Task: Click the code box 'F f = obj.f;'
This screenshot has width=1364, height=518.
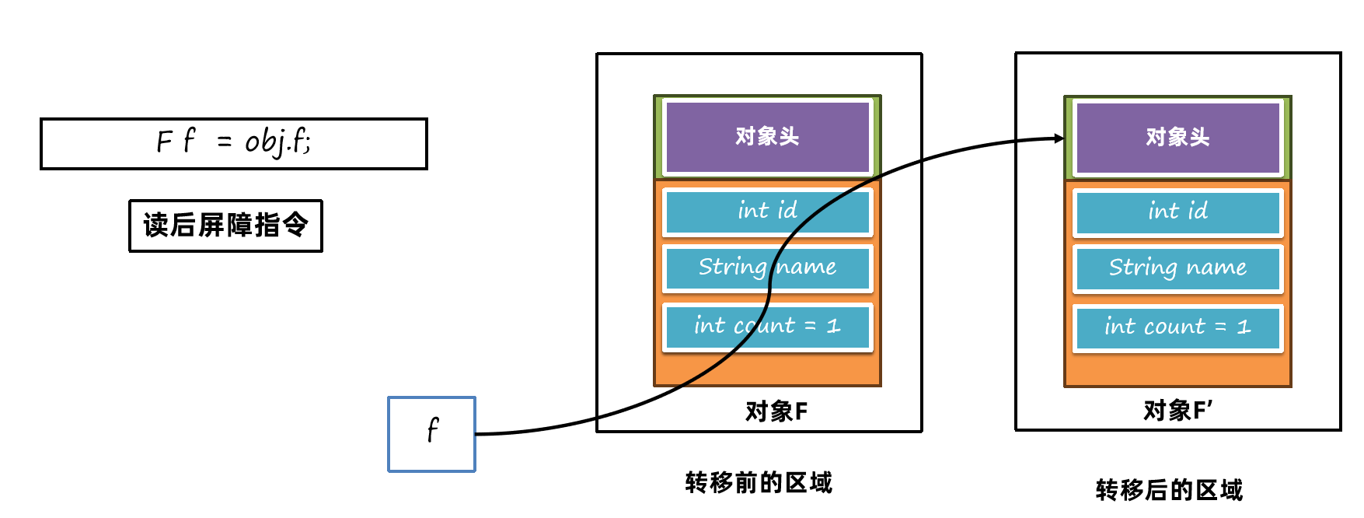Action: pyautogui.click(x=233, y=143)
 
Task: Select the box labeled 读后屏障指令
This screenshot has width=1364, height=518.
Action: pyautogui.click(x=225, y=226)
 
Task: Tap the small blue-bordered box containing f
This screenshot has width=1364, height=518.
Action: pyautogui.click(x=431, y=433)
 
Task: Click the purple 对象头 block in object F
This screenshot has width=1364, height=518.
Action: pyautogui.click(x=767, y=137)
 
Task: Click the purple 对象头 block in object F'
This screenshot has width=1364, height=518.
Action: pyautogui.click(x=1177, y=138)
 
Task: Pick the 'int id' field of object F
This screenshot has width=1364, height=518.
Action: pyautogui.click(x=767, y=211)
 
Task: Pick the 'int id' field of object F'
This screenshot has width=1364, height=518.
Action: pyautogui.click(x=1177, y=212)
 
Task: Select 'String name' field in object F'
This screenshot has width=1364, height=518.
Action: pyautogui.click(x=1177, y=268)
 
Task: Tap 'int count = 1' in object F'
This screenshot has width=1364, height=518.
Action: pyautogui.click(x=1177, y=327)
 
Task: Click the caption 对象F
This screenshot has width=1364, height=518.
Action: pyautogui.click(x=776, y=411)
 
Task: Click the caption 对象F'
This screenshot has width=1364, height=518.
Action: pyautogui.click(x=1177, y=410)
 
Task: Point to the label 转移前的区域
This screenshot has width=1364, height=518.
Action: pyautogui.click(x=759, y=483)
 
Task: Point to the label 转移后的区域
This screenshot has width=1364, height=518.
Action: pyautogui.click(x=1169, y=490)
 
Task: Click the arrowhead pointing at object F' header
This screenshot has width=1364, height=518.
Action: pyautogui.click(x=1059, y=138)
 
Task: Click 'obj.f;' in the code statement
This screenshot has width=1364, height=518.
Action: pyautogui.click(x=277, y=142)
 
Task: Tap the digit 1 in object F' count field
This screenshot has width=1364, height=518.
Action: pyautogui.click(x=1244, y=327)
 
